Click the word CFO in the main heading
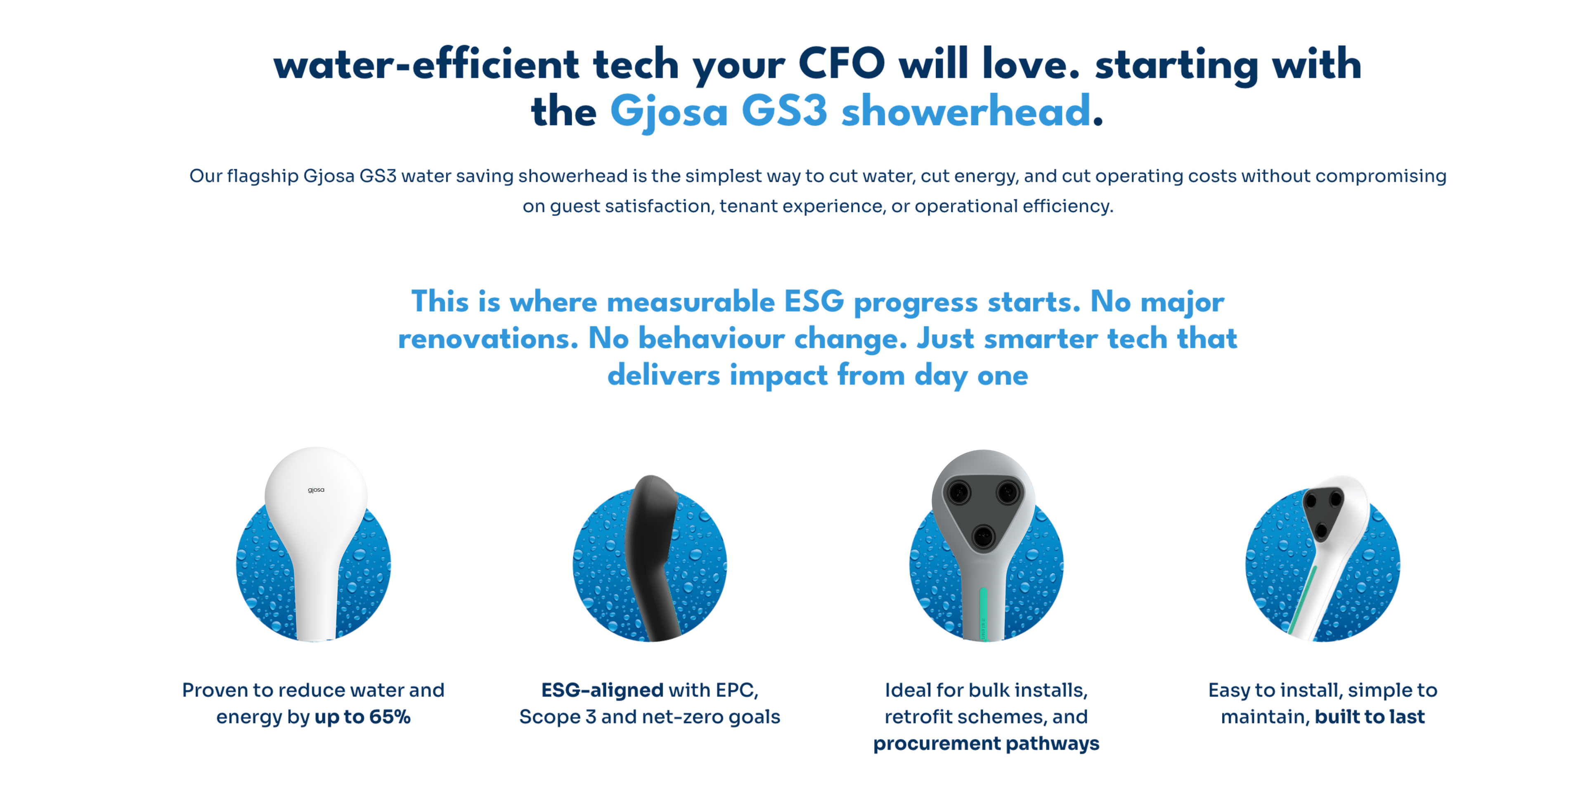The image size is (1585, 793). tap(841, 64)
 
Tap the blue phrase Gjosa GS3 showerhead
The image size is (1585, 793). tap(850, 112)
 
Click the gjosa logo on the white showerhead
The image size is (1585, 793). tap(316, 490)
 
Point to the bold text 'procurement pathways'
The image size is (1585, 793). tap(986, 744)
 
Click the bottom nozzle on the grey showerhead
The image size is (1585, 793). tap(983, 536)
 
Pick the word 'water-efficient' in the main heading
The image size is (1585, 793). tap(426, 64)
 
